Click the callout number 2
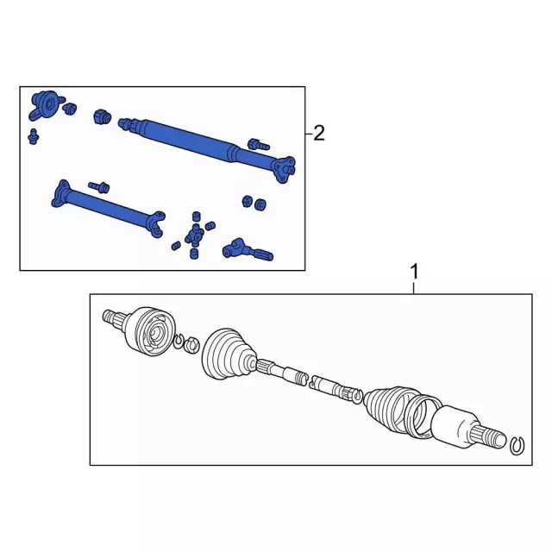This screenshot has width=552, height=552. point(319,134)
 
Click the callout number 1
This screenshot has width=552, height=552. point(415,272)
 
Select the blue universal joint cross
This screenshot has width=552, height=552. point(195,234)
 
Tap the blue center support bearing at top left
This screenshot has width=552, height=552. point(47,105)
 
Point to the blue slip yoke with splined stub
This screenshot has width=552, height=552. point(248,249)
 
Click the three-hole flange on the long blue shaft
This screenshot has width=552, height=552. point(284,169)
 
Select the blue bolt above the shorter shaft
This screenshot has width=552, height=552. point(99,187)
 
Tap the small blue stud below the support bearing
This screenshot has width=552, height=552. point(34,136)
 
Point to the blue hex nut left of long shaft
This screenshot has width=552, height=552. point(102,116)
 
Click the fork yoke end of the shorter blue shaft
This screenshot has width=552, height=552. point(156,223)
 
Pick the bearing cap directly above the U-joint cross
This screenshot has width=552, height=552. point(197,216)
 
